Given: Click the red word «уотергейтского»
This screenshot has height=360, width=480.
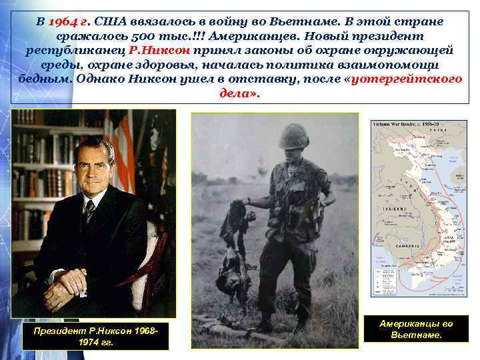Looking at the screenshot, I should (x=407, y=79).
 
